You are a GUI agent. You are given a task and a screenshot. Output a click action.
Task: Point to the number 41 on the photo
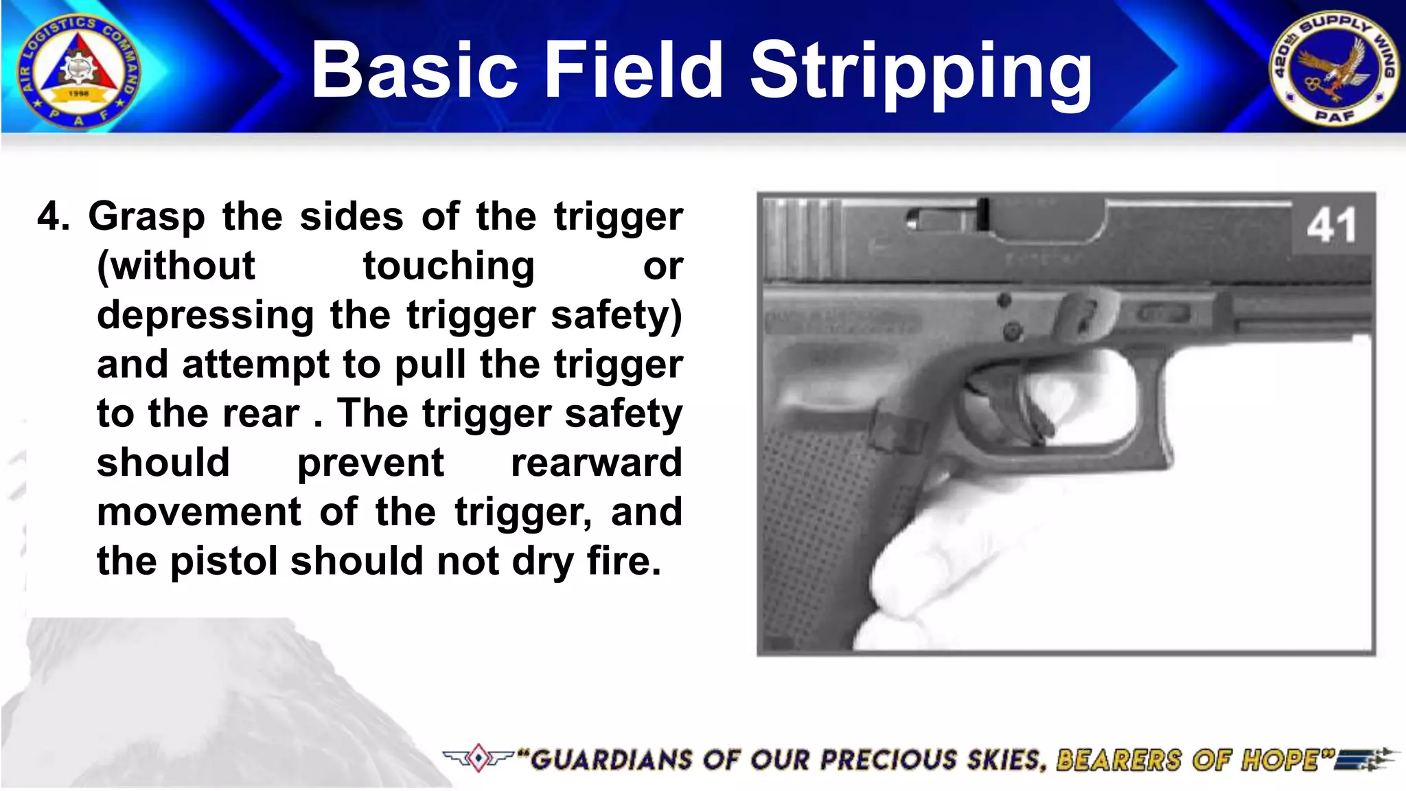[x=1330, y=225]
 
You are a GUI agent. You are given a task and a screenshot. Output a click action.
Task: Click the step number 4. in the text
[x=54, y=217]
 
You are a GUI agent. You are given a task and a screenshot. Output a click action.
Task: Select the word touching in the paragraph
[x=448, y=266]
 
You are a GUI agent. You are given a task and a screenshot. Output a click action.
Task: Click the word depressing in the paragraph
[x=205, y=316]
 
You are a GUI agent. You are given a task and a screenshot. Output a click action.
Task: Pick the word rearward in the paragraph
[x=596, y=463]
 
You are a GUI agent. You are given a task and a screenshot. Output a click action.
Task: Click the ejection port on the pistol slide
[x=1050, y=223]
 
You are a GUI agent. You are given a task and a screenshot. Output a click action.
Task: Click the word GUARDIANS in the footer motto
[x=611, y=760]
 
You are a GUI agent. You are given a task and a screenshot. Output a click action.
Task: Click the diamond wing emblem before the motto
[x=479, y=758]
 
